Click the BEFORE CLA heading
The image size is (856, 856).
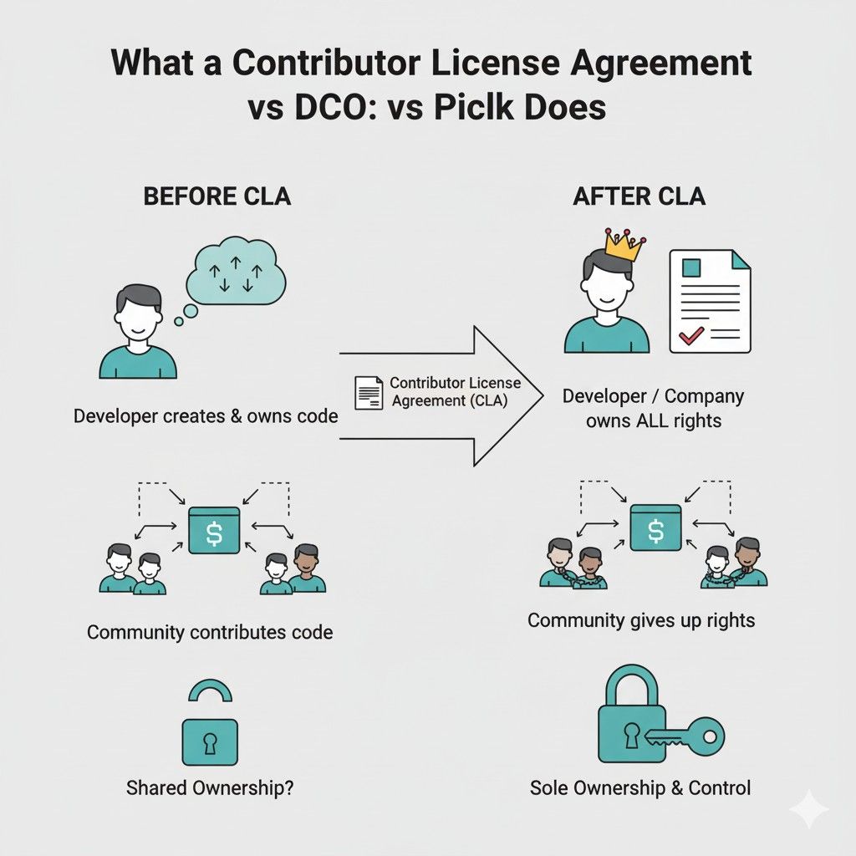pyautogui.click(x=217, y=196)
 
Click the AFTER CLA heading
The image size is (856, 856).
pyautogui.click(x=639, y=196)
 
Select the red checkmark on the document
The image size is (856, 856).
pyautogui.click(x=690, y=336)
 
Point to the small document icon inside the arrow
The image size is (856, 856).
pyautogui.click(x=369, y=392)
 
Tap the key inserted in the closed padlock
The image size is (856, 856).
pyautogui.click(x=683, y=736)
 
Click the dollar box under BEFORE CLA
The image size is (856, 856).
pyautogui.click(x=214, y=530)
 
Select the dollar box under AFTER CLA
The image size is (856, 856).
pyautogui.click(x=656, y=528)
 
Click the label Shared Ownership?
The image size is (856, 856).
pyautogui.click(x=209, y=787)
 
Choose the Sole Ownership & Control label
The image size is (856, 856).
pyautogui.click(x=640, y=787)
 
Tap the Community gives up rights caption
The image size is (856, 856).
pyautogui.click(x=641, y=620)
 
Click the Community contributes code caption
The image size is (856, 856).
pyautogui.click(x=210, y=631)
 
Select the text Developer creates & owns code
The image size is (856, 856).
pyautogui.click(x=206, y=415)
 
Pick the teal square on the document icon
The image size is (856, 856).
pyautogui.click(x=691, y=269)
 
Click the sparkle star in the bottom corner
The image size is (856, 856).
pyautogui.click(x=809, y=809)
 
